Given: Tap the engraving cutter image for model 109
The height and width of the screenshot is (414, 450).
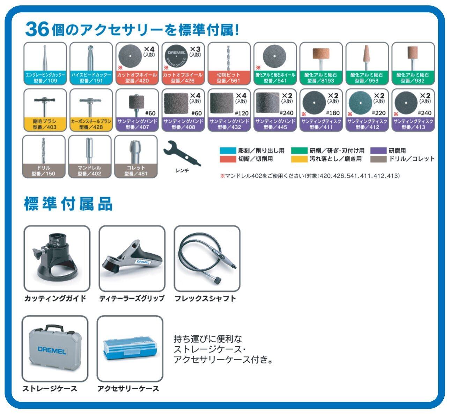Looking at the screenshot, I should point(45,58).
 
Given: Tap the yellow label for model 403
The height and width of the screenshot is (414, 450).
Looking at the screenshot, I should point(45,124).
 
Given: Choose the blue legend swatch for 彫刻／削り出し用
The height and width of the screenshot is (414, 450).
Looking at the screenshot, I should point(228,151).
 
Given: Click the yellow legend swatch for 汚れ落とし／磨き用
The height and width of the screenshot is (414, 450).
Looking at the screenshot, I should point(299,159).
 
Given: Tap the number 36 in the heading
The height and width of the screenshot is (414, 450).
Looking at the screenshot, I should point(36,30).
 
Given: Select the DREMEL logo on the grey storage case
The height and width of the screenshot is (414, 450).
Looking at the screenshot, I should point(52,350).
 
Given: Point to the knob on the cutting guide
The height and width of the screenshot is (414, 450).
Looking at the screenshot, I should point(37,251).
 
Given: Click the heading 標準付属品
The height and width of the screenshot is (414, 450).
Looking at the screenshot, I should point(68,204).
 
